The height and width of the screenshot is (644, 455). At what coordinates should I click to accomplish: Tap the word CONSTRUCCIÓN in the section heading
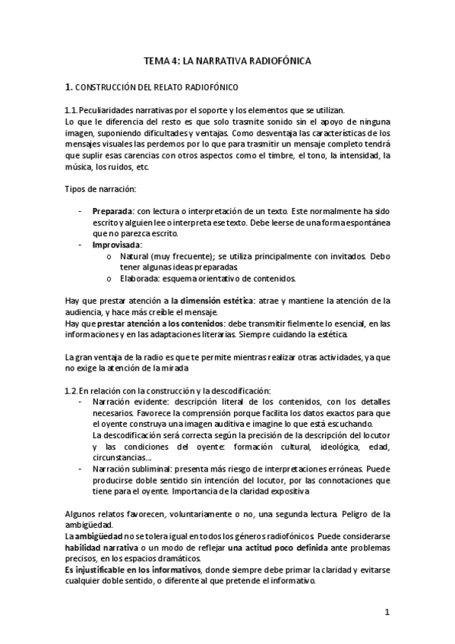tap(104, 87)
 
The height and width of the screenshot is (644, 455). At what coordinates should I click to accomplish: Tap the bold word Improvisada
tap(117, 245)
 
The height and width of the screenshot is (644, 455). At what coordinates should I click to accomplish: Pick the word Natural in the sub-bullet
tap(134, 257)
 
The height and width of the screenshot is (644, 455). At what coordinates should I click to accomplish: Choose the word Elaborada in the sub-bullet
tap(139, 279)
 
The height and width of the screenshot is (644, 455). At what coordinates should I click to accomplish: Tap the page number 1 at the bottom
tap(387, 612)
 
